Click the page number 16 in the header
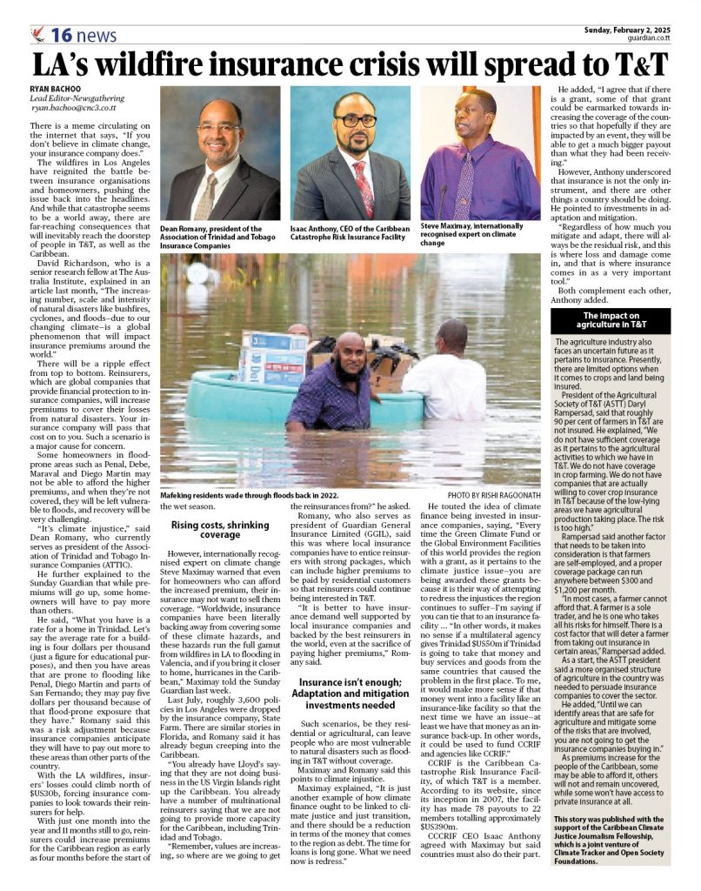[x=63, y=35]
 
